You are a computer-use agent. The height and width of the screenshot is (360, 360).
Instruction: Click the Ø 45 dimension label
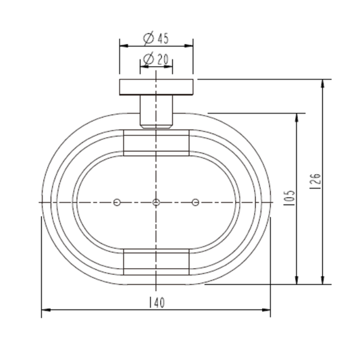(x=156, y=38)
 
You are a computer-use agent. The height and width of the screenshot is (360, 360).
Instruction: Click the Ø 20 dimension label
(x=156, y=59)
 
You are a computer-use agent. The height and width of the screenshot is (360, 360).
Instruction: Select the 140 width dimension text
(x=157, y=303)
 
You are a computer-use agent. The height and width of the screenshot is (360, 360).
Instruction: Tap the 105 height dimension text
(x=289, y=198)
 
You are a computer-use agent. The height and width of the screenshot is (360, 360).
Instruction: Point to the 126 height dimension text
(x=315, y=181)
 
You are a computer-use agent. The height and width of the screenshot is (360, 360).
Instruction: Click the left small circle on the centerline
(x=117, y=202)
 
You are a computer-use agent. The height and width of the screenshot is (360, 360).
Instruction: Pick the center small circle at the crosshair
(x=156, y=202)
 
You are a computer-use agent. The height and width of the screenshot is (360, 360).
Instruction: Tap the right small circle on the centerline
(x=195, y=202)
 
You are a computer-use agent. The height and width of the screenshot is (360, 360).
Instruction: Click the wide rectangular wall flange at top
(x=156, y=87)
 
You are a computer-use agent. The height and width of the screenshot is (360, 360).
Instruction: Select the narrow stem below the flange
(x=156, y=111)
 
